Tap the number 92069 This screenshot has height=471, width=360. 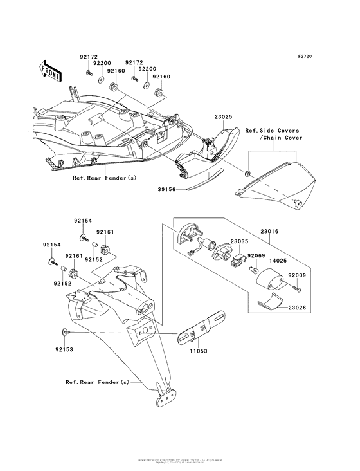click(x=257, y=256)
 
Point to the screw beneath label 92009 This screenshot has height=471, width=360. click(x=296, y=289)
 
